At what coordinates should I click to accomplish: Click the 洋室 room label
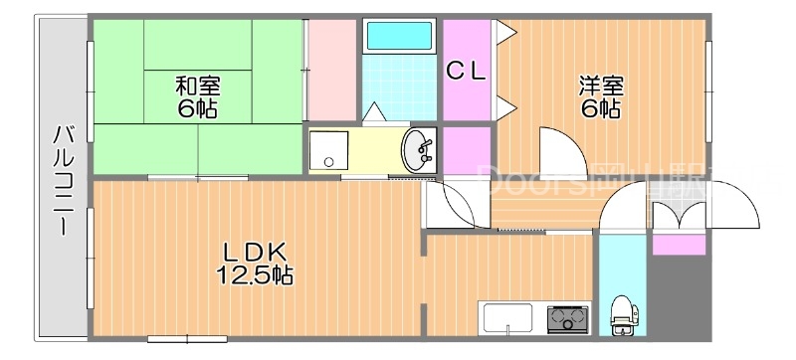point(601,86)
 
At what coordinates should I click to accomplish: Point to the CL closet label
point(466,71)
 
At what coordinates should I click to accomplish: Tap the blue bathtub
point(397,37)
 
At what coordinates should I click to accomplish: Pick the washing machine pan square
point(325,152)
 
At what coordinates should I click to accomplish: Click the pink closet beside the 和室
point(330,70)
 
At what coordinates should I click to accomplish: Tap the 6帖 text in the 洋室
point(602,108)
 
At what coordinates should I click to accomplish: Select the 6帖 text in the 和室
point(198,108)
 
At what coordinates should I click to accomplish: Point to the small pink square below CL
point(466,149)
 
